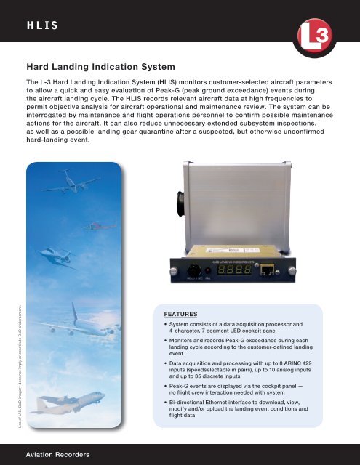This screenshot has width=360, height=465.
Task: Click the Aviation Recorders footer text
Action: pos(58,454)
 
